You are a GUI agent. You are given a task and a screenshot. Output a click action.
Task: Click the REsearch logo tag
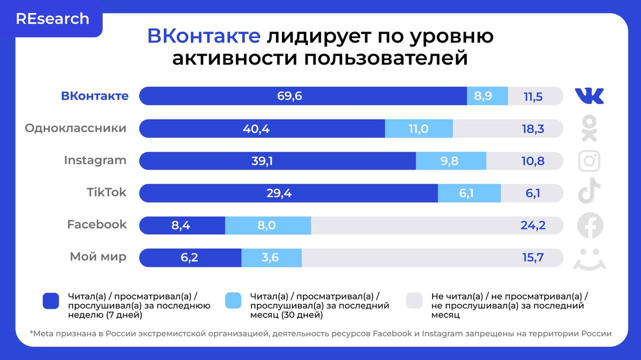53,19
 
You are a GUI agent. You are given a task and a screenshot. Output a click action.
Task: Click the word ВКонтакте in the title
203,37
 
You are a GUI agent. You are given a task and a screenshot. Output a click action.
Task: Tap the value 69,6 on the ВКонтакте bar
289,96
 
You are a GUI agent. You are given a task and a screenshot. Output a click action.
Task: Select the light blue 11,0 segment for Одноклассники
419,129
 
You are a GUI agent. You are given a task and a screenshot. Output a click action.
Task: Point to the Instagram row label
95,160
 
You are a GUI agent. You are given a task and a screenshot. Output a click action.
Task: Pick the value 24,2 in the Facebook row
533,225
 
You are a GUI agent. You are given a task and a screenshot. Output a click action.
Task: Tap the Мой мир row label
98,257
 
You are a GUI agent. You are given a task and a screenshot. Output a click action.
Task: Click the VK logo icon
589,96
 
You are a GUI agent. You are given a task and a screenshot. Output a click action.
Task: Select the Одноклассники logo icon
589,128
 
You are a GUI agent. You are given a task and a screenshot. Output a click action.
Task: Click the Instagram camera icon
589,161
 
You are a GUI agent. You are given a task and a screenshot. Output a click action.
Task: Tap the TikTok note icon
589,191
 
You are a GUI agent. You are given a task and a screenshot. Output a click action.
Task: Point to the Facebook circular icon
590,225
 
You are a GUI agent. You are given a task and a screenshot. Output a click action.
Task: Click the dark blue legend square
52,301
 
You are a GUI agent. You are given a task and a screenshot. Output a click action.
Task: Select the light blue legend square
233,301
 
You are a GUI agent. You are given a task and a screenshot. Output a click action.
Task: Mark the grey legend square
415,301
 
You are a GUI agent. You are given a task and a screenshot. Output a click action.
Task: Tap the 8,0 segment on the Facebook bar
267,225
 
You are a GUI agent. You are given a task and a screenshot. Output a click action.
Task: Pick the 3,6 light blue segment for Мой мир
270,258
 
